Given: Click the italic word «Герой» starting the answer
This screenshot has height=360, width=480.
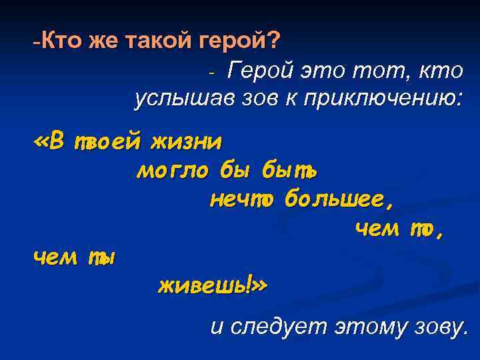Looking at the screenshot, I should [x=259, y=70].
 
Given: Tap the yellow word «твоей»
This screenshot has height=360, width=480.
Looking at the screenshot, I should [x=107, y=141].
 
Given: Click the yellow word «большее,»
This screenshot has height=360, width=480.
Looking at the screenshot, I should [x=335, y=199].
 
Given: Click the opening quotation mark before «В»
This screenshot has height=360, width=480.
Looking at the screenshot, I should [x=41, y=141].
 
